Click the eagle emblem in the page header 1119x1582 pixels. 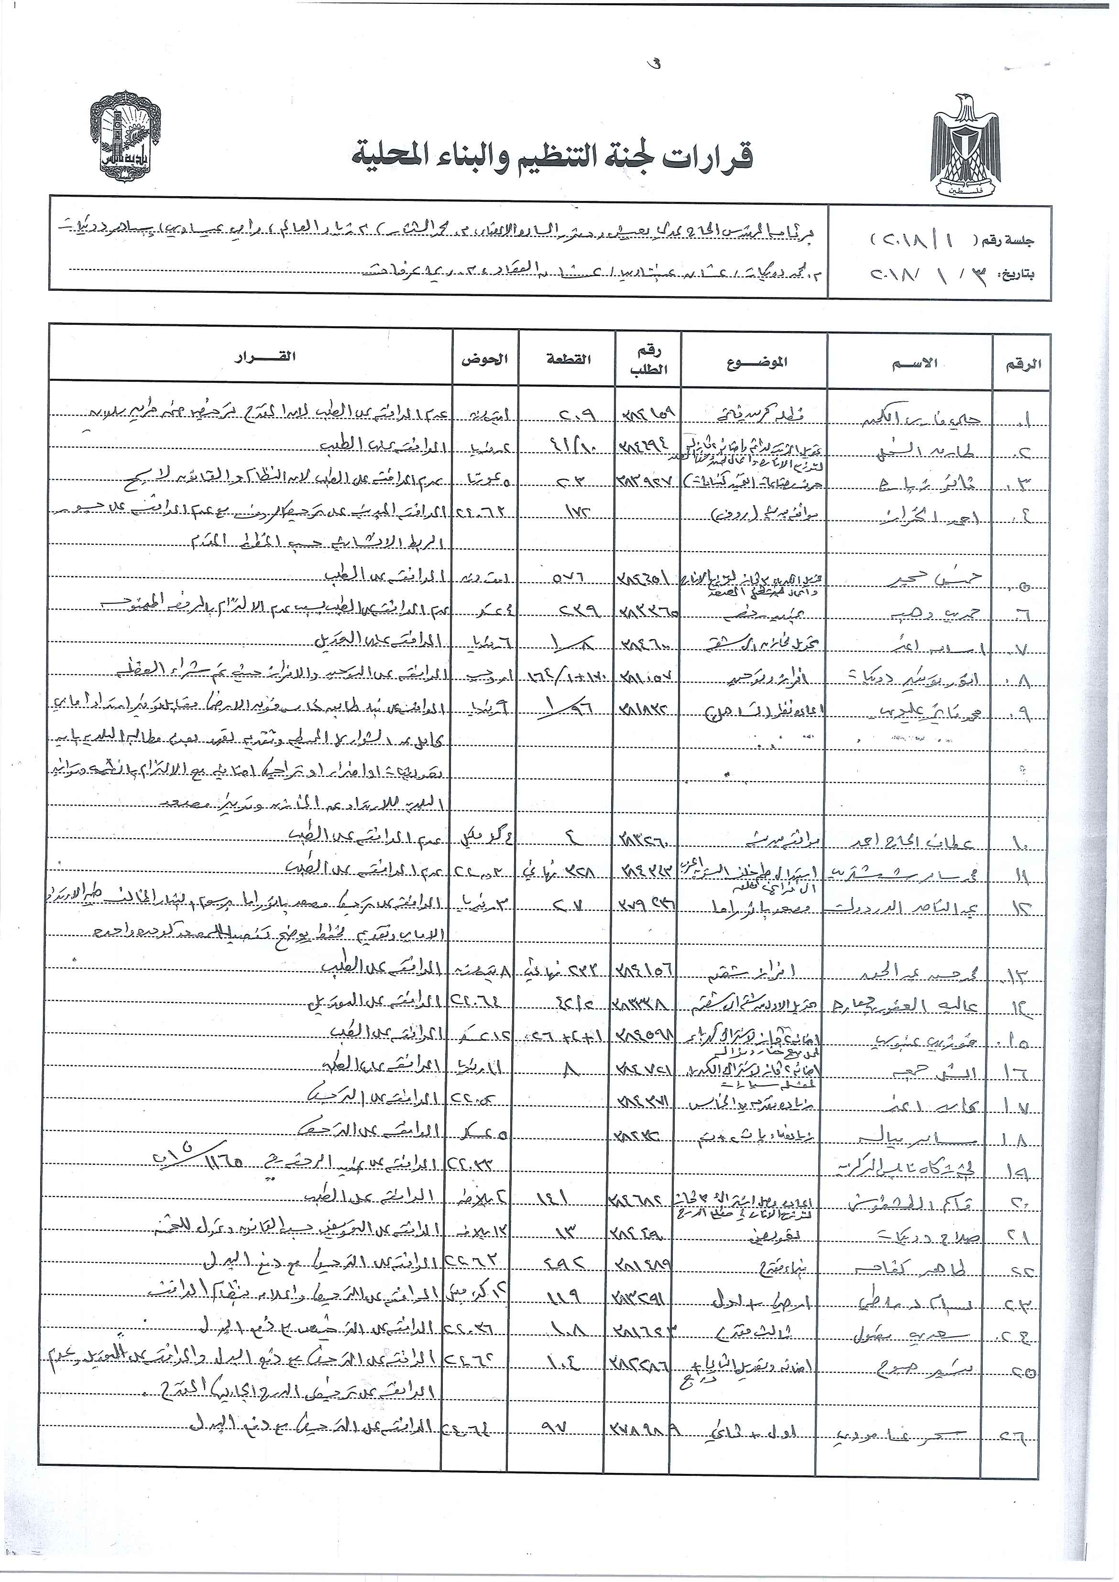[965, 147]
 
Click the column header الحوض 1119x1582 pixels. [485, 359]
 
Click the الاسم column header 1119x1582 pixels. [915, 363]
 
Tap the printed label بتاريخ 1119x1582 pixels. [1017, 275]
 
